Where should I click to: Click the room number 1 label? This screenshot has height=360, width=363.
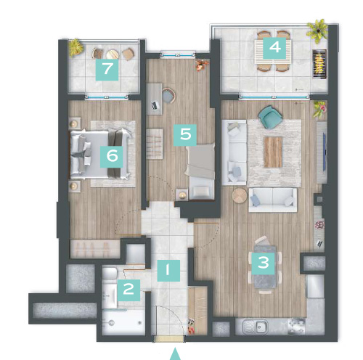[168, 271]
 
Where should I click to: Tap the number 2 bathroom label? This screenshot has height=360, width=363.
[129, 290]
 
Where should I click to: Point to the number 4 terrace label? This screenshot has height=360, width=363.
[274, 48]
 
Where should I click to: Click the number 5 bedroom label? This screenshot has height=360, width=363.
[185, 135]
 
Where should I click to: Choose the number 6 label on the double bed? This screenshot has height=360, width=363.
[112, 157]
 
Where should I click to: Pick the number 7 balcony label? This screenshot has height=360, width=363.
[107, 70]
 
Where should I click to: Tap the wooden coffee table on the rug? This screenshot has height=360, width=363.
[273, 152]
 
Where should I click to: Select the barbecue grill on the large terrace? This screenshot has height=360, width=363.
[319, 64]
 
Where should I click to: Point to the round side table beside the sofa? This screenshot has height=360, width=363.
[240, 195]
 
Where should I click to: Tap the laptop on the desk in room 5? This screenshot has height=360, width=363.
[155, 105]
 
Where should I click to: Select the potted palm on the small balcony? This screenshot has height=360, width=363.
[76, 47]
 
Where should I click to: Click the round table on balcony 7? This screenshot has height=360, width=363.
[113, 54]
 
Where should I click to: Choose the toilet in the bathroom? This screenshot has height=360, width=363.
[110, 273]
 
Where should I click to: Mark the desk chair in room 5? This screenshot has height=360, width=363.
[169, 96]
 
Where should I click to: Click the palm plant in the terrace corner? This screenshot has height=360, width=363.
[317, 30]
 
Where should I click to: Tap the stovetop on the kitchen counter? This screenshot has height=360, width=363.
[296, 327]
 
